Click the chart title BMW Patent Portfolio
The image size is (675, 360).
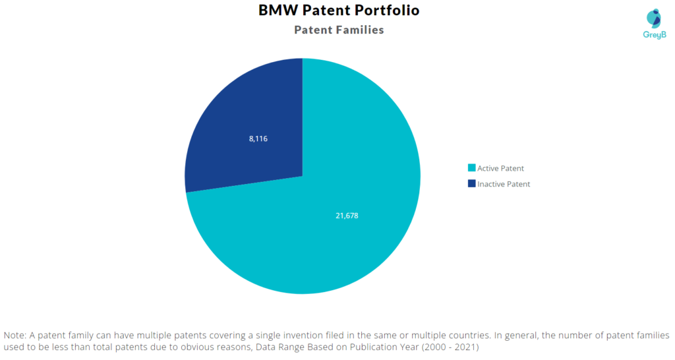click(x=338, y=11)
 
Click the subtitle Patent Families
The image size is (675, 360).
click(x=338, y=30)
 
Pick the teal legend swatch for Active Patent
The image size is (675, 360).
click(x=471, y=168)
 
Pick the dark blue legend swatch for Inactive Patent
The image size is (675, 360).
click(x=471, y=184)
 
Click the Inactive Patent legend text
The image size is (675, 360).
click(x=504, y=185)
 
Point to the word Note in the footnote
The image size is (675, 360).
click(x=15, y=335)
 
